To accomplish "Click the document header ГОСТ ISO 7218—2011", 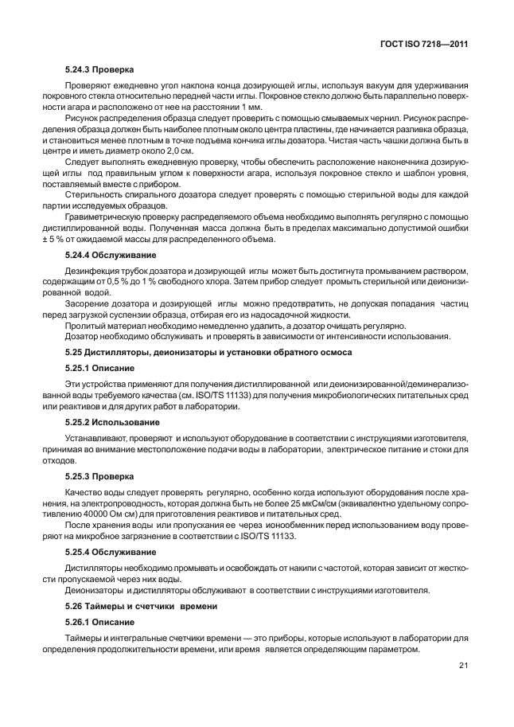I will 423,45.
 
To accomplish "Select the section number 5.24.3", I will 79,69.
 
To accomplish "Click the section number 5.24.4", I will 79,255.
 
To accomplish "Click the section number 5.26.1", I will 79,621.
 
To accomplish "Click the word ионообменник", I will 268,526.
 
